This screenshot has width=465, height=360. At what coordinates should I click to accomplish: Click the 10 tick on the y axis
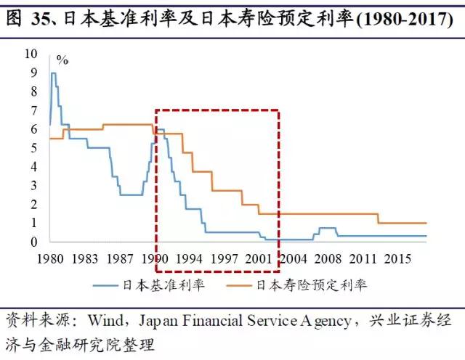point(31,54)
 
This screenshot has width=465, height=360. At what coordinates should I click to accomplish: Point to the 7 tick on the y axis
point(34,110)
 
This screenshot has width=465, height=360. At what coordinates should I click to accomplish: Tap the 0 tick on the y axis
point(34,242)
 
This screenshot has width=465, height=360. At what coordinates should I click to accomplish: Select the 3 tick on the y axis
point(34,185)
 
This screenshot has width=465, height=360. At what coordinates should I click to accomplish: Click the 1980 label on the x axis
point(49,258)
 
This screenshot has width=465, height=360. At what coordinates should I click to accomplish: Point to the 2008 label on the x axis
point(328,258)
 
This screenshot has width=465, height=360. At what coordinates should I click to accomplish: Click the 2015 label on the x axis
point(397,258)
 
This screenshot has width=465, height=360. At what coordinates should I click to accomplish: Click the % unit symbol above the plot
point(62,60)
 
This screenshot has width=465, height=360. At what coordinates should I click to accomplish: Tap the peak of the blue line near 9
point(53,73)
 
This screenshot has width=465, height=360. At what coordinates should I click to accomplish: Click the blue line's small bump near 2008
point(327,229)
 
